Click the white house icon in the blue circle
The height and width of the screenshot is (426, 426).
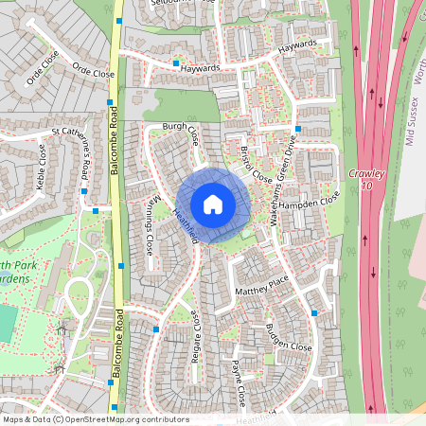pos(213,204)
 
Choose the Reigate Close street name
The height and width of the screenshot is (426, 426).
pos(198,337)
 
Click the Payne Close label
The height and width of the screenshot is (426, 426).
pos(239,382)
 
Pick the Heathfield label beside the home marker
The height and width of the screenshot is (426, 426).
pos(186,224)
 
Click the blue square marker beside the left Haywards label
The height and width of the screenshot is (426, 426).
pos(176,63)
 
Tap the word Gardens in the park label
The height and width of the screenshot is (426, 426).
pos(19,278)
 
